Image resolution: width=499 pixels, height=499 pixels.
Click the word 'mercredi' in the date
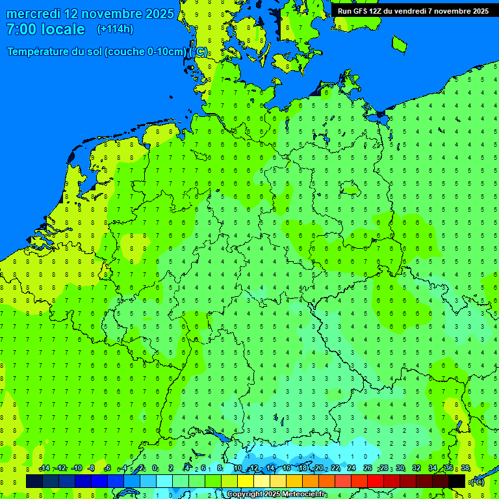coord(29,14)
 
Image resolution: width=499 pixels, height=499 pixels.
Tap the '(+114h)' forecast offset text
coord(115,29)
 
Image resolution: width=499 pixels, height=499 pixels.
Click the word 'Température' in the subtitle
coord(38,52)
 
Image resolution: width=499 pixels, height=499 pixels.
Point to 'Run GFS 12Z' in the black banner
coord(359,11)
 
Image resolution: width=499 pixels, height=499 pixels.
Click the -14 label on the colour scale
coord(44,468)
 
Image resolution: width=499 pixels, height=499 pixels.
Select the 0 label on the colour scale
coord(155,468)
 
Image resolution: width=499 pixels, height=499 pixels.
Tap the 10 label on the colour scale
coord(238,468)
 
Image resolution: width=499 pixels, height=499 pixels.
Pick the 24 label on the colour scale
coord(352,468)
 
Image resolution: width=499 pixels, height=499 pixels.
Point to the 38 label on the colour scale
coord(465,468)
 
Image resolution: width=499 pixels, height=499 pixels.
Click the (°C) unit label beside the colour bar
coord(477,481)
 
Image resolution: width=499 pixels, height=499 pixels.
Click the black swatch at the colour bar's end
coord(457,481)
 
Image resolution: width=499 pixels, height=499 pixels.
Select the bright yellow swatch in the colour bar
coord(246,481)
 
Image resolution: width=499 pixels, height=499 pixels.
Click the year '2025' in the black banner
coord(480,11)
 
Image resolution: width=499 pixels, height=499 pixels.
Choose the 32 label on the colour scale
coord(416,468)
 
